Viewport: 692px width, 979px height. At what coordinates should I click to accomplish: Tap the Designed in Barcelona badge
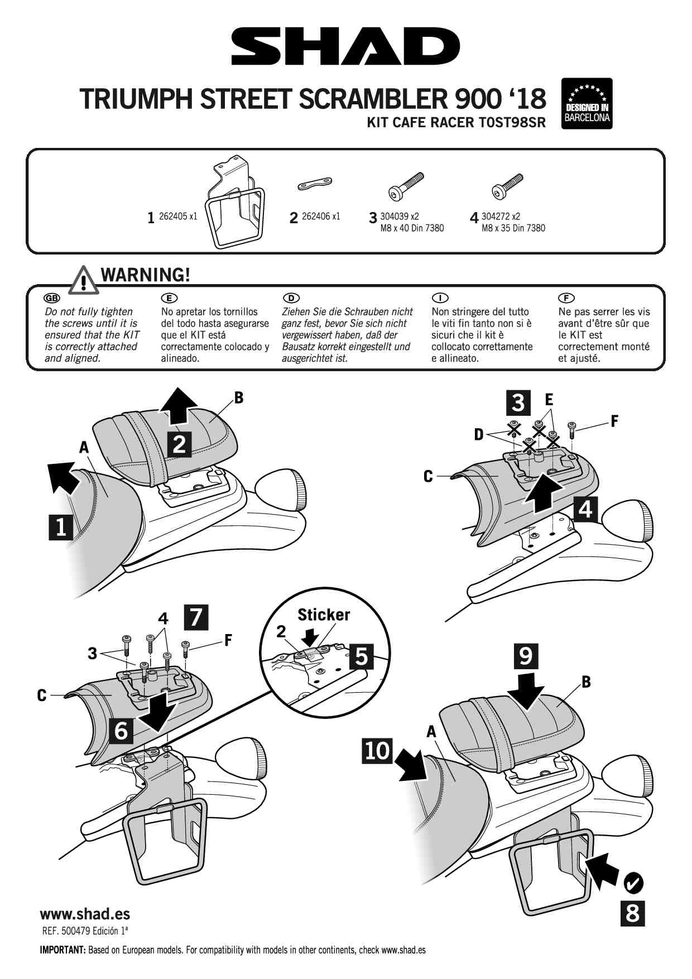588,103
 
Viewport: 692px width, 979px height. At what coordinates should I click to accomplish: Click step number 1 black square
61,527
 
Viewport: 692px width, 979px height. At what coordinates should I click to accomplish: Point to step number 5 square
361,656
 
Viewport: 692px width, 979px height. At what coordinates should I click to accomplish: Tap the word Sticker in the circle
324,615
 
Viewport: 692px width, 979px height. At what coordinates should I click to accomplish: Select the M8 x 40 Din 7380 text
412,228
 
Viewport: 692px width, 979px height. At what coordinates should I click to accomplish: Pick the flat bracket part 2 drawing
315,184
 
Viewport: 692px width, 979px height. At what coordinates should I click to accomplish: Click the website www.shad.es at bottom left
85,914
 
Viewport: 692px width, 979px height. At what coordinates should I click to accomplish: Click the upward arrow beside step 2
177,406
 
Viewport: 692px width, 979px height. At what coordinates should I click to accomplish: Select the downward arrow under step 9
526,691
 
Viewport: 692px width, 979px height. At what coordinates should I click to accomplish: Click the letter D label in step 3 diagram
478,434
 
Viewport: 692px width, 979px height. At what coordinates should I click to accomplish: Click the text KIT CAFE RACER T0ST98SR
455,123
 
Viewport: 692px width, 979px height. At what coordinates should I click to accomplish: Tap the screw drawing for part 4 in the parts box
508,185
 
